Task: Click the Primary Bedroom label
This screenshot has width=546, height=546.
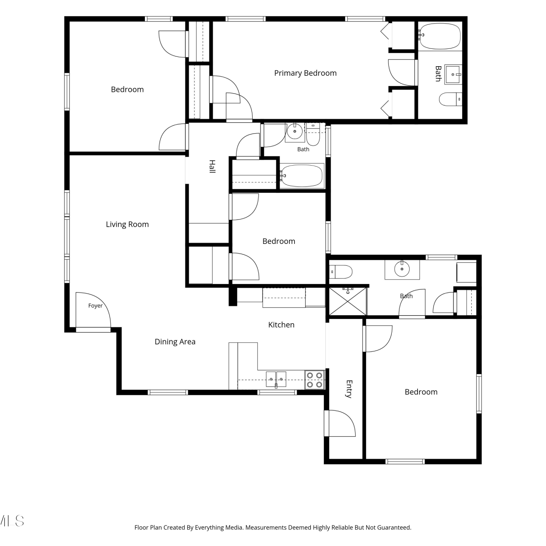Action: pos(305,73)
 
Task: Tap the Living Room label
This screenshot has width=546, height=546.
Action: pos(127,225)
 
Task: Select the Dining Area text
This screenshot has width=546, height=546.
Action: pos(175,342)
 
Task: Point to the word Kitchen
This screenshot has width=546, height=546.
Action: pos(281,325)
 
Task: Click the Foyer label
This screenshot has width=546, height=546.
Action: pos(95,306)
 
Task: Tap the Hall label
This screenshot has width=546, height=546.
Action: pos(212,166)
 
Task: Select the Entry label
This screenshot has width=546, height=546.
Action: pos(349,389)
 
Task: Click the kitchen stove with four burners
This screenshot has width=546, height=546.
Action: pos(314,380)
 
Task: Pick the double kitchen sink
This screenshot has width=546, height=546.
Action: pos(276,379)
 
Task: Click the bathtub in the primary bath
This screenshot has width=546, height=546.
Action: pos(439,36)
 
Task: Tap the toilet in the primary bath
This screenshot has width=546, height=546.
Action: pos(450,99)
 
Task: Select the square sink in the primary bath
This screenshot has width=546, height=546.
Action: pos(453,75)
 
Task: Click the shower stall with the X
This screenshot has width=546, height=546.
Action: pos(348,301)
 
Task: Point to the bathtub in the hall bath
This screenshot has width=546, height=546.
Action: pos(301,176)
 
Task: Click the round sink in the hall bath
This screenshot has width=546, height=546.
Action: pos(294,130)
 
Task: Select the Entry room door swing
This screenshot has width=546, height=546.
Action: pos(340,423)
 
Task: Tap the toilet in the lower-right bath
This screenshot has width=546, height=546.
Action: pos(341,272)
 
